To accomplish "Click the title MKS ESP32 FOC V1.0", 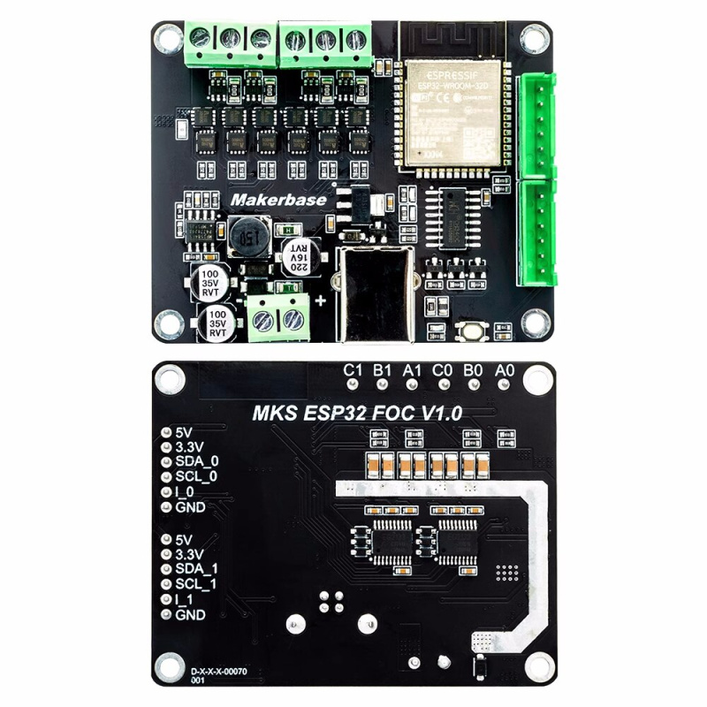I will coord(357,413).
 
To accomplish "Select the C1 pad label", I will coord(353,370).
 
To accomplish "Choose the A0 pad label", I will coord(505,370).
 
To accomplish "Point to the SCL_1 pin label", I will coord(197,584).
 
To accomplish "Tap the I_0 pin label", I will coord(185,492).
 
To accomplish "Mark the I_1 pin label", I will coord(185,599).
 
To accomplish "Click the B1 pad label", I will coord(383,370).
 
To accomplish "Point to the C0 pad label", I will coord(444,370).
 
